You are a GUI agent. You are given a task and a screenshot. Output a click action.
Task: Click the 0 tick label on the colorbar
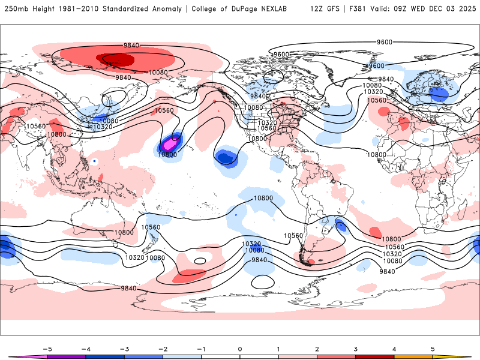tap(240, 348)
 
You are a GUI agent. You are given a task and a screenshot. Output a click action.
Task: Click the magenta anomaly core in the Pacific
tap(169, 144)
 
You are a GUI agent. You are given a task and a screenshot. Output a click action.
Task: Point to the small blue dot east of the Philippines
tap(95, 161)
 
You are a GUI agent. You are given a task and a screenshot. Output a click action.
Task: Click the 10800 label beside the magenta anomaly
tap(167, 154)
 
